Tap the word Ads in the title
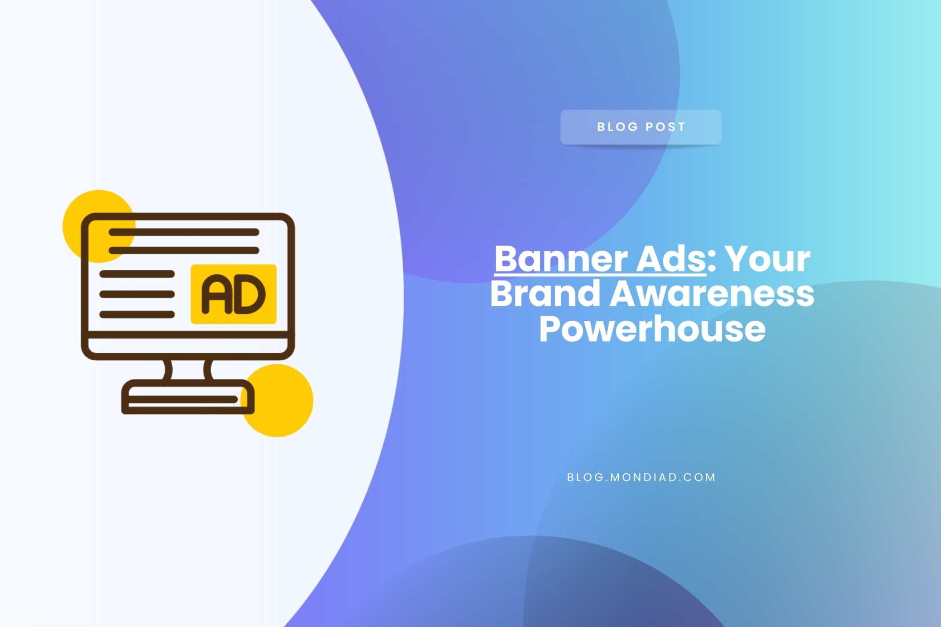coord(671,259)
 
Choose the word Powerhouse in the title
coord(652,329)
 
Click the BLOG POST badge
coord(640,127)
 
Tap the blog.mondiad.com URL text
coord(641,477)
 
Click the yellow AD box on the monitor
coord(234,294)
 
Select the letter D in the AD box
coord(250,294)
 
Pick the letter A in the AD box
coord(217,294)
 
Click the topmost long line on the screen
coord(184,232)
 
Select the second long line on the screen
coord(184,251)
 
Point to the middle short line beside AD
coord(137,294)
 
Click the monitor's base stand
coord(188,397)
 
